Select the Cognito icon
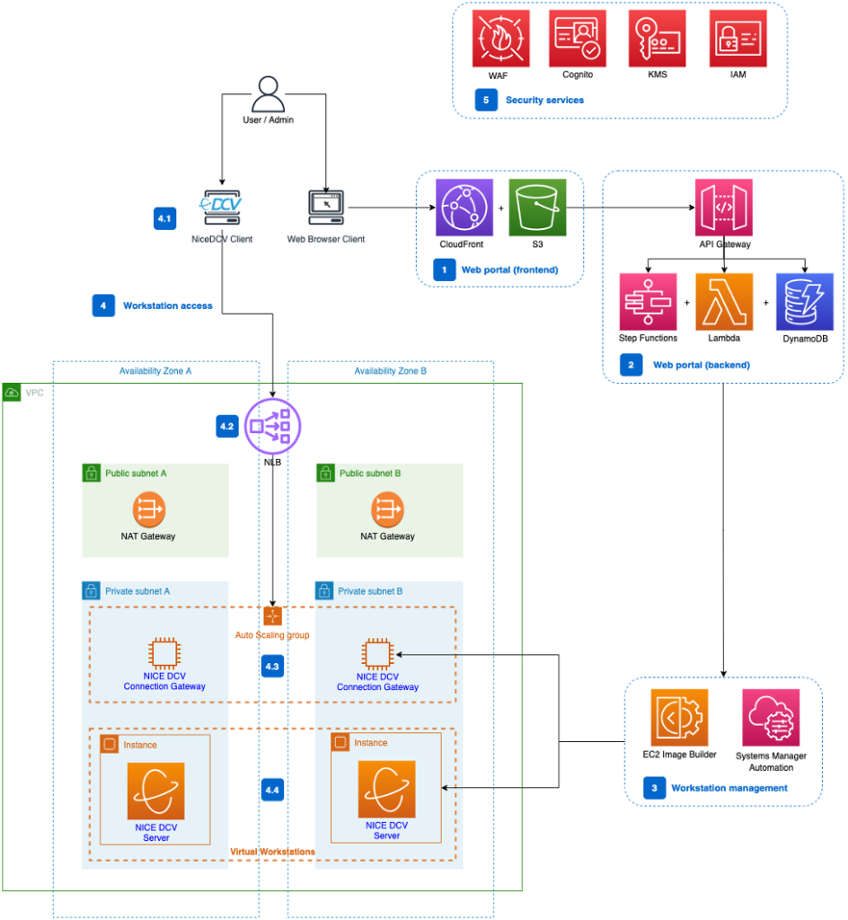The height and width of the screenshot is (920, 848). (578, 39)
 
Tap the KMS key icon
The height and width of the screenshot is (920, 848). (657, 39)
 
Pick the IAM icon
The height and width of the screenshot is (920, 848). (738, 39)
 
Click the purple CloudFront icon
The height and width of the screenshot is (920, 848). (464, 208)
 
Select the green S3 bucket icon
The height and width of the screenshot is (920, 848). (537, 208)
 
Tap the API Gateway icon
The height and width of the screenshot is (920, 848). (724, 208)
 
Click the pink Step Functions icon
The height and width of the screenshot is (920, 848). (648, 302)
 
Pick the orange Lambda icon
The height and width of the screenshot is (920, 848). (724, 302)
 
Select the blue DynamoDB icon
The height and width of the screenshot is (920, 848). (804, 302)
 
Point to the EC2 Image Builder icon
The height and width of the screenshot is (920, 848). (679, 718)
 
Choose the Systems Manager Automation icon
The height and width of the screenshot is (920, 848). (771, 718)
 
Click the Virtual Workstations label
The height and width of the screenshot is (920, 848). (273, 851)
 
